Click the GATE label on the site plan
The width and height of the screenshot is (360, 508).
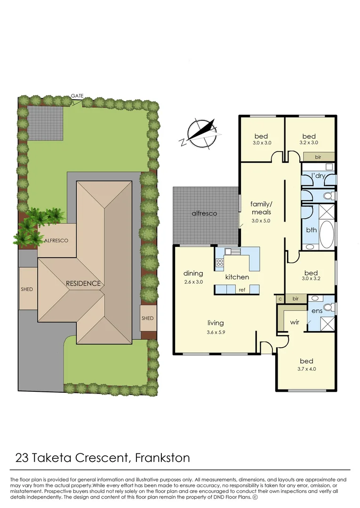[77, 96]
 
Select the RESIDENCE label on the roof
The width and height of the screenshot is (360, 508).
[83, 283]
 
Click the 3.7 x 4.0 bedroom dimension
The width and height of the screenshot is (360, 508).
[306, 369]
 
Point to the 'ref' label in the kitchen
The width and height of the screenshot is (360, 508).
[242, 290]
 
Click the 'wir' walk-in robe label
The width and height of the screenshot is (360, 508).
[295, 323]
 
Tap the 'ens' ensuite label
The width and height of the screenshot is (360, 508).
[317, 311]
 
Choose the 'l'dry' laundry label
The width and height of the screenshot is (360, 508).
[319, 176]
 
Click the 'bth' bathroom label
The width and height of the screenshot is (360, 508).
[311, 230]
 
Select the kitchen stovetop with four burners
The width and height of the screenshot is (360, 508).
[220, 263]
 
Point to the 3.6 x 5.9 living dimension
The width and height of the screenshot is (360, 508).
[216, 332]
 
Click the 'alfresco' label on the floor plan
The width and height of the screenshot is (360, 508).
[204, 213]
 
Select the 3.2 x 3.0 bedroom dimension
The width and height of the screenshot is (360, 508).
[309, 143]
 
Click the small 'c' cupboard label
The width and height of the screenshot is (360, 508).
[280, 299]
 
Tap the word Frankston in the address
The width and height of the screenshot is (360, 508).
[162, 457]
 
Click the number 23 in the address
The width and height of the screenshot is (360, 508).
[22, 457]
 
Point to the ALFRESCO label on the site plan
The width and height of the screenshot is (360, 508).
[56, 240]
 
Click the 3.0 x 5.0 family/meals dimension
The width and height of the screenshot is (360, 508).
[261, 221]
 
